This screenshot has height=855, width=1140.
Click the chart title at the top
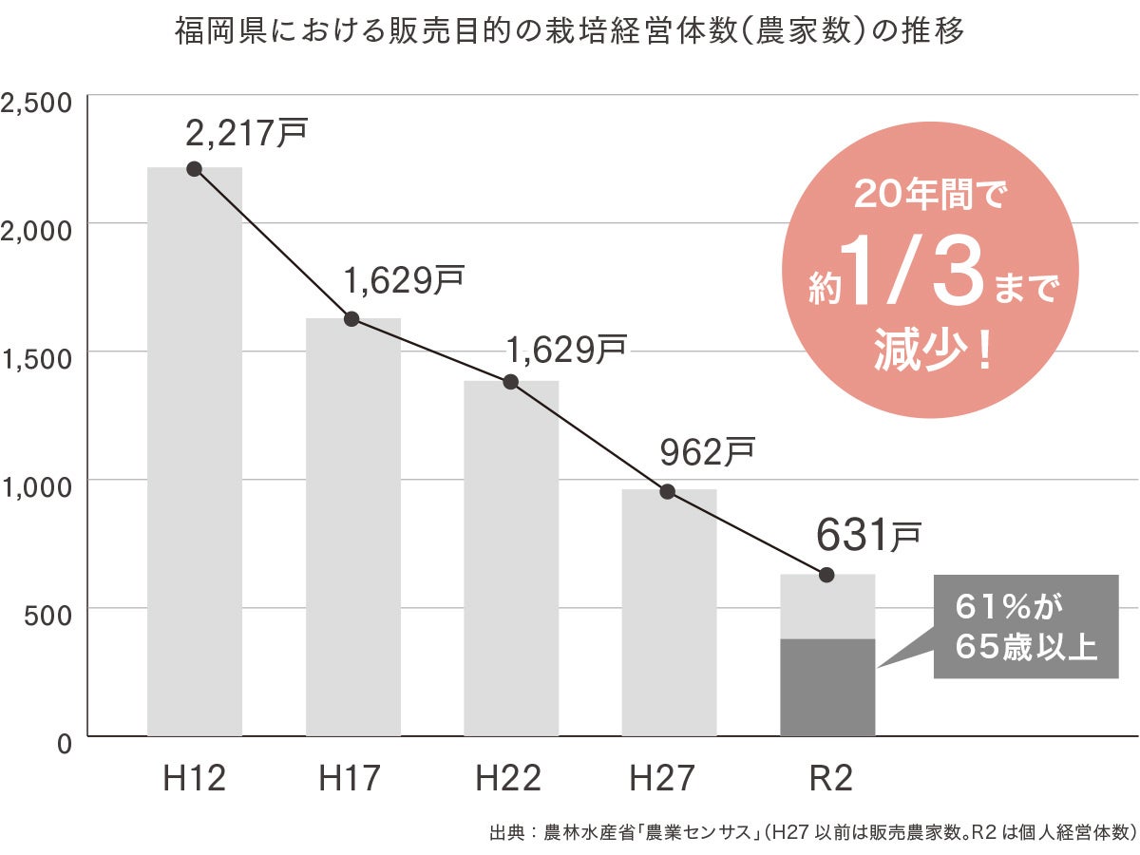coord(570,32)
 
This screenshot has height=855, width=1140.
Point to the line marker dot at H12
coord(195,169)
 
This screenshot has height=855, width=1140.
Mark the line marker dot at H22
coord(510,382)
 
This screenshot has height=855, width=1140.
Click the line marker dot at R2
coord(826,575)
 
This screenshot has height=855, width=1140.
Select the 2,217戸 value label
coord(247,134)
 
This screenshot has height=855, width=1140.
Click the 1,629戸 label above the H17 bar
coord(404,280)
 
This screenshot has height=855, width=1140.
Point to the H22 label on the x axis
coord(510,779)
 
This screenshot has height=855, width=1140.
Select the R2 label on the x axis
coord(826,779)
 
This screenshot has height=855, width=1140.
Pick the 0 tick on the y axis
coord(65,744)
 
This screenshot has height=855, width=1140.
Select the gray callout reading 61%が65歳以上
coord(1026,627)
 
